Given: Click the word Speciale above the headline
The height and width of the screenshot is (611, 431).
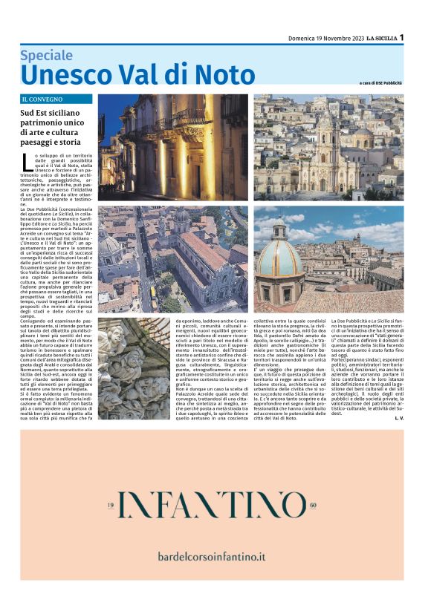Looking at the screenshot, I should pos(51,55).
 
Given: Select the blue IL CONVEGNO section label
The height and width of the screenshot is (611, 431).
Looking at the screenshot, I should pos(56,99).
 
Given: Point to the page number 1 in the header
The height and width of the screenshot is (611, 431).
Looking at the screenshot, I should pos(401,37).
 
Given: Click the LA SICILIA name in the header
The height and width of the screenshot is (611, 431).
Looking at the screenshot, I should pos(376,38).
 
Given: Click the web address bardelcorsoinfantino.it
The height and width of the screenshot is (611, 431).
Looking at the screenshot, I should pos(212,555).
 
